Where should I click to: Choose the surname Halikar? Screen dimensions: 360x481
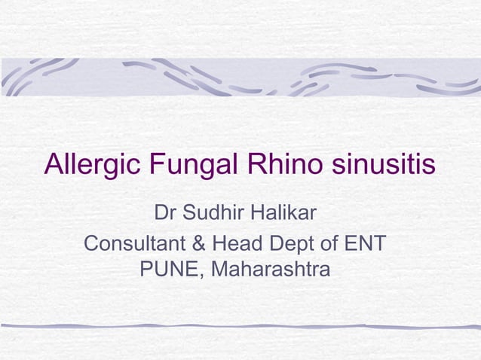284,214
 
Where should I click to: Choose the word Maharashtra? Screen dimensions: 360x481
270,269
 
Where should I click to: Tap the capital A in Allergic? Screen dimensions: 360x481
54,163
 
